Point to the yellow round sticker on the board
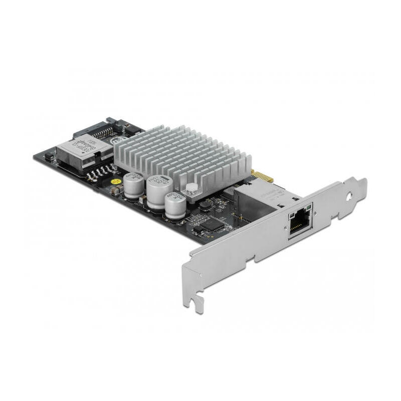pos(115,181)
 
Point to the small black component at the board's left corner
pos(49,157)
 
